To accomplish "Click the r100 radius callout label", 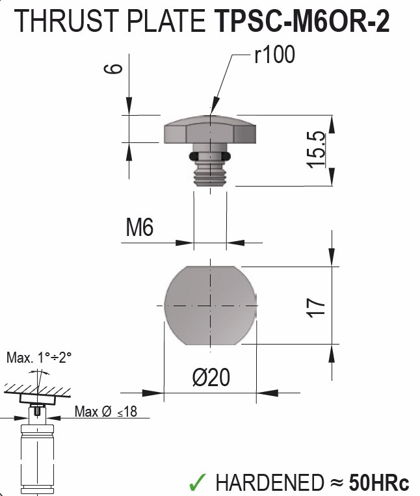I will (x=274, y=56).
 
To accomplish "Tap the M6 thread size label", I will (x=140, y=228).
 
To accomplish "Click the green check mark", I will (x=198, y=482).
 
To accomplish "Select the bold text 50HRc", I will (x=379, y=482).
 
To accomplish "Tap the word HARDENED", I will (x=269, y=482).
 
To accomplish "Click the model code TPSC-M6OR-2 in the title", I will (x=301, y=22).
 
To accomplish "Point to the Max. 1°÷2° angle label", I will (x=39, y=358).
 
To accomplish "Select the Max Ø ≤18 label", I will (x=105, y=411).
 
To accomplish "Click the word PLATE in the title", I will (x=165, y=22).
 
